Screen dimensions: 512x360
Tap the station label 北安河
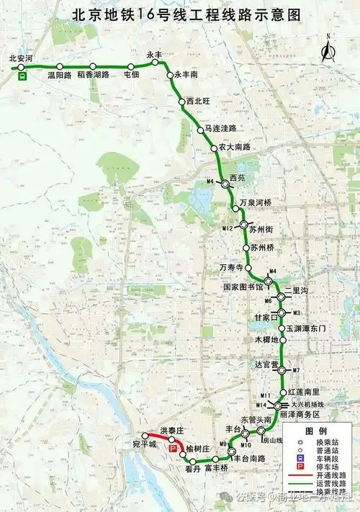21,57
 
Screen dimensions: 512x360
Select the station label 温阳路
59,75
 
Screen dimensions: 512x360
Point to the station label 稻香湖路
93,75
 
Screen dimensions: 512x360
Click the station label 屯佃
131,74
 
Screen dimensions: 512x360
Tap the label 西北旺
199,102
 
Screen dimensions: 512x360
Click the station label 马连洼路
220,128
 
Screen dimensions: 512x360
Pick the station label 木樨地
266,338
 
